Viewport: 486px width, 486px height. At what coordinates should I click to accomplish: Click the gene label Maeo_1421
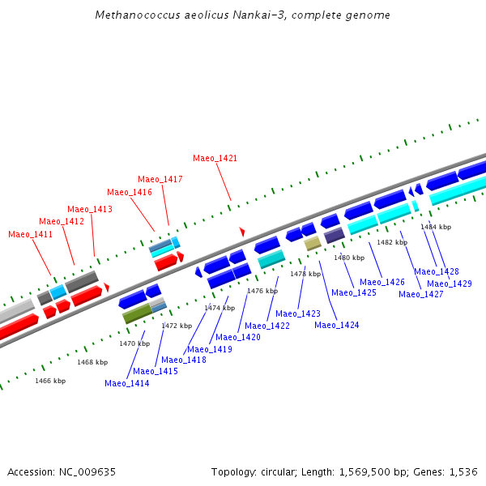[x=215, y=158]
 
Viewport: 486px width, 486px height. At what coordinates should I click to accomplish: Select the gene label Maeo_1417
[x=160, y=179]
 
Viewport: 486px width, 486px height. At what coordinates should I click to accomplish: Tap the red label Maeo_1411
[x=31, y=234]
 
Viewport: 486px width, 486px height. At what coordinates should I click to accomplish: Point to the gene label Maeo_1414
[x=127, y=383]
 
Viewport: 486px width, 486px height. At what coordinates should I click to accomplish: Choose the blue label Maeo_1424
[x=337, y=325]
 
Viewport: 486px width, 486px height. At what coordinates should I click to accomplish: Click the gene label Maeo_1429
[x=450, y=283]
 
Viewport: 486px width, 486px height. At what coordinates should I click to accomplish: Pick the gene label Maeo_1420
[x=238, y=337]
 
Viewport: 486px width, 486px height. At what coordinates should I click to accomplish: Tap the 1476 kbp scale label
[x=262, y=291]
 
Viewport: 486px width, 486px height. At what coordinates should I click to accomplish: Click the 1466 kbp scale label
[x=50, y=381]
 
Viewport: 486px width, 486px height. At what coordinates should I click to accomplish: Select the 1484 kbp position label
[x=436, y=227]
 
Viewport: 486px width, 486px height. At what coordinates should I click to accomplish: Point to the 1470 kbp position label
[x=134, y=343]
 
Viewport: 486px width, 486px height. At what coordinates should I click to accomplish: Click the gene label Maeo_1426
[x=382, y=282]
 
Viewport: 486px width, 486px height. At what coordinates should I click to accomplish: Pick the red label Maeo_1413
[x=90, y=209]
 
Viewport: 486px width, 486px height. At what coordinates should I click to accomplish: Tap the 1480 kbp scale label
[x=349, y=258]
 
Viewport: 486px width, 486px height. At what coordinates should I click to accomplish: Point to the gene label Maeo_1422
[x=267, y=326]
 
